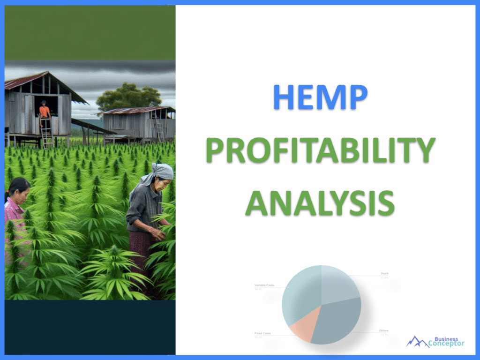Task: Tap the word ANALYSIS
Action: [x=320, y=202]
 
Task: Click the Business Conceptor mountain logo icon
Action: [x=417, y=342]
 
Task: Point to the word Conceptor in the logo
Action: [x=446, y=344]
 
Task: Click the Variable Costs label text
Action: [x=264, y=285]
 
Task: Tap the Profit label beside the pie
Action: [x=385, y=273]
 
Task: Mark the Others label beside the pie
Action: [x=384, y=330]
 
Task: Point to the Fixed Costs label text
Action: [x=263, y=334]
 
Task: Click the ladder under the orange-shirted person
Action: [x=46, y=134]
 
